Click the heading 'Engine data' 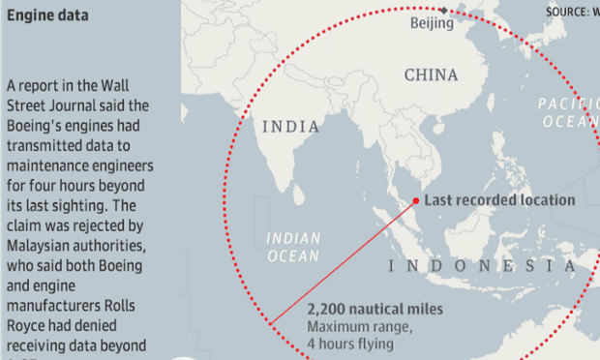47,16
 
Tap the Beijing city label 432,23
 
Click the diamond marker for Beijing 444,11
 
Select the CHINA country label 432,75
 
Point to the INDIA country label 291,126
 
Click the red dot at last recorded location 415,201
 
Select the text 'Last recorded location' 499,200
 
